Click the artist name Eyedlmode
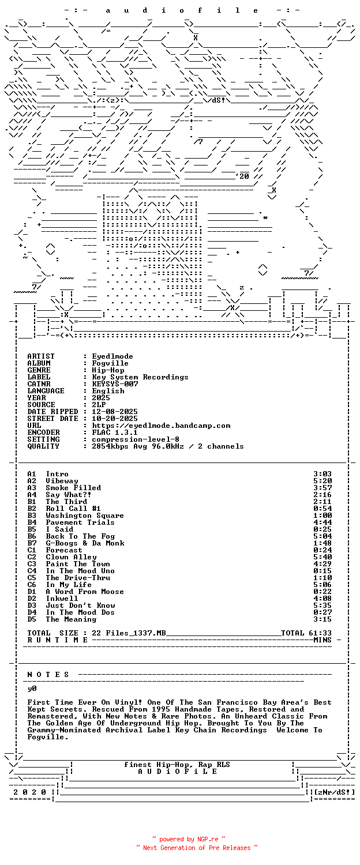pyautogui.click(x=112, y=356)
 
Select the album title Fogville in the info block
pyautogui.click(x=110, y=363)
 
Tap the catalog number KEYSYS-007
pyautogui.click(x=115, y=384)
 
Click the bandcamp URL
pyautogui.click(x=161, y=426)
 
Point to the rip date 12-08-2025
pyautogui.click(x=115, y=412)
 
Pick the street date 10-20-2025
pyautogui.click(x=115, y=419)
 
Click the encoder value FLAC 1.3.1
pyautogui.click(x=115, y=432)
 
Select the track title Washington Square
pyautogui.click(x=85, y=516)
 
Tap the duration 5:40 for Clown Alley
pyautogui.click(x=322, y=557)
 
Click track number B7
pyautogui.click(x=32, y=543)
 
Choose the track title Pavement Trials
pyautogui.click(x=80, y=522)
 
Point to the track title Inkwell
pyautogui.click(x=62, y=599)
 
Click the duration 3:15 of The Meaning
pyautogui.click(x=322, y=619)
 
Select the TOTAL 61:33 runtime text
pyautogui.click(x=306, y=633)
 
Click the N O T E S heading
pyautogui.click(x=48, y=675)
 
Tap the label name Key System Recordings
pyautogui.click(x=140, y=377)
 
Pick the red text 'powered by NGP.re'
pyautogui.click(x=189, y=839)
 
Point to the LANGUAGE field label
pyautogui.click(x=46, y=391)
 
